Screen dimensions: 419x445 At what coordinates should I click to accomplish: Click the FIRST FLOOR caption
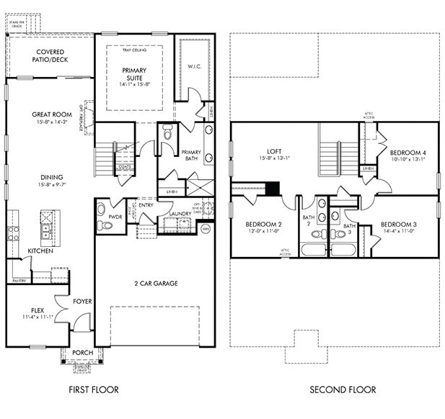93,390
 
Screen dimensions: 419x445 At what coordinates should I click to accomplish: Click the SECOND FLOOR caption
343,390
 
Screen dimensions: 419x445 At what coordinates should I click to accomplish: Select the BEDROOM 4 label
407,153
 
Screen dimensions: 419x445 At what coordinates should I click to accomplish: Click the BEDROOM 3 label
400,224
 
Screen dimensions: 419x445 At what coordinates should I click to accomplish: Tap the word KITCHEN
40,251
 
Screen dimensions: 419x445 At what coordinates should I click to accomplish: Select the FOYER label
82,301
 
